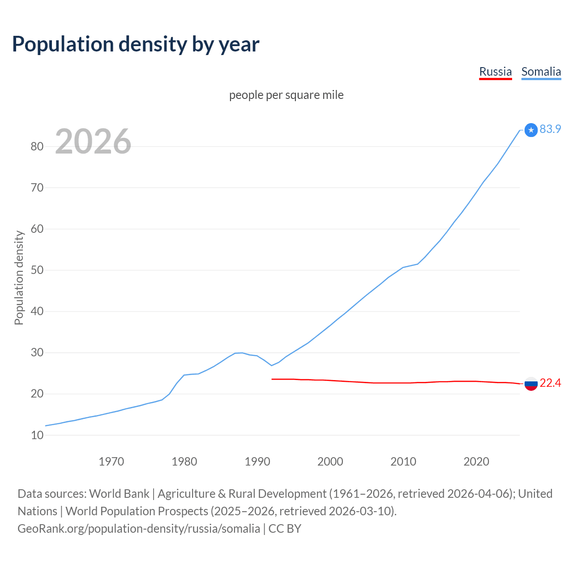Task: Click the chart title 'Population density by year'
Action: (136, 44)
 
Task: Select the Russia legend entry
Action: (495, 72)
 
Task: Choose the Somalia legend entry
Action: (541, 72)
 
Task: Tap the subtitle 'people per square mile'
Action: (286, 95)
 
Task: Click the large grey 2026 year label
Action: (93, 141)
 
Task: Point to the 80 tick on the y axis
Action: (37, 146)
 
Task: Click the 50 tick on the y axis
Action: (37, 270)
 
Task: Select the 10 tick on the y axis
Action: (37, 435)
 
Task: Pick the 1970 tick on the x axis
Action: (111, 462)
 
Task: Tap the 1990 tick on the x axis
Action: (257, 462)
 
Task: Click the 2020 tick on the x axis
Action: (476, 462)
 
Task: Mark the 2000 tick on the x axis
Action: (330, 462)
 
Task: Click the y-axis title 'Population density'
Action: (19, 278)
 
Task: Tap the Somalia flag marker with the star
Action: (531, 130)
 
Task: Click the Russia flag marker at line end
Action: (531, 384)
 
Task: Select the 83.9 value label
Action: (550, 129)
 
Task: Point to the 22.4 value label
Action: (550, 383)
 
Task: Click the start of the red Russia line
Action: (272, 379)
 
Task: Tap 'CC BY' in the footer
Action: (285, 529)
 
